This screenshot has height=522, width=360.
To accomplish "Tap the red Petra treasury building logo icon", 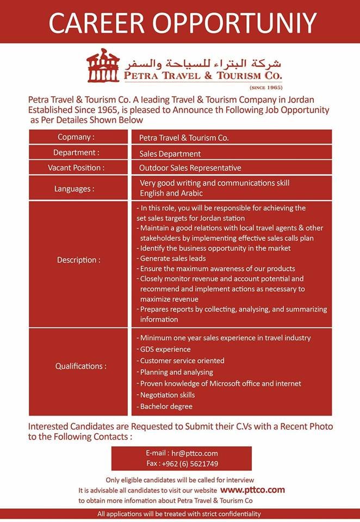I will (x=103, y=65).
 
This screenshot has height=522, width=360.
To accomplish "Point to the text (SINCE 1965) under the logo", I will (x=265, y=87).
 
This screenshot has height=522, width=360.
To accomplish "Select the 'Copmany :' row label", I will (x=76, y=137).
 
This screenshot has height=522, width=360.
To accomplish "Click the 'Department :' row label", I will (x=76, y=153).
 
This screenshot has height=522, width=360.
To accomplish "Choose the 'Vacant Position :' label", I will (x=76, y=167).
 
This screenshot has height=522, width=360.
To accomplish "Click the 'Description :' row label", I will (x=78, y=260).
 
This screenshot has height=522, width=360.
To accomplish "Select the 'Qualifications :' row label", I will (x=80, y=366).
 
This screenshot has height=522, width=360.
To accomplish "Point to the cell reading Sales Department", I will (x=170, y=154).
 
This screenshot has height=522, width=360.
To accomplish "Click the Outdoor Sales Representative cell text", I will (x=190, y=168).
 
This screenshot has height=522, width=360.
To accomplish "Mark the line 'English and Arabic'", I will (x=172, y=193).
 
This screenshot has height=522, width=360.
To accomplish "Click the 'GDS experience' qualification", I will (x=165, y=349).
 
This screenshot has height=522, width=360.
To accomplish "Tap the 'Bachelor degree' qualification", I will (x=166, y=406).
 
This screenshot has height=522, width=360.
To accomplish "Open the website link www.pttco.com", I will (x=253, y=490).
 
